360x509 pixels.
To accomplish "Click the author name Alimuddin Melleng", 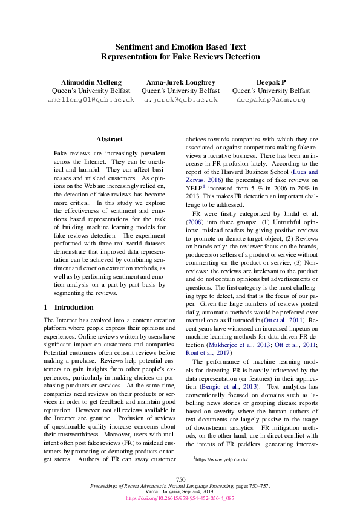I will click(x=91, y=82).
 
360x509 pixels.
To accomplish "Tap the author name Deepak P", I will click(x=270, y=82).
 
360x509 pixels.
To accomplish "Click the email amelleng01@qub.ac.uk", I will click(x=91, y=99).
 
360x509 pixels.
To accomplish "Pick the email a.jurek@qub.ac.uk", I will click(x=180, y=99).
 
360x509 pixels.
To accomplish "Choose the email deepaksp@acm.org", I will click(x=270, y=99).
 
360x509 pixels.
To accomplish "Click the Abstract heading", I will click(x=109, y=139).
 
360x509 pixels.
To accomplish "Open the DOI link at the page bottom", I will click(x=180, y=499).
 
